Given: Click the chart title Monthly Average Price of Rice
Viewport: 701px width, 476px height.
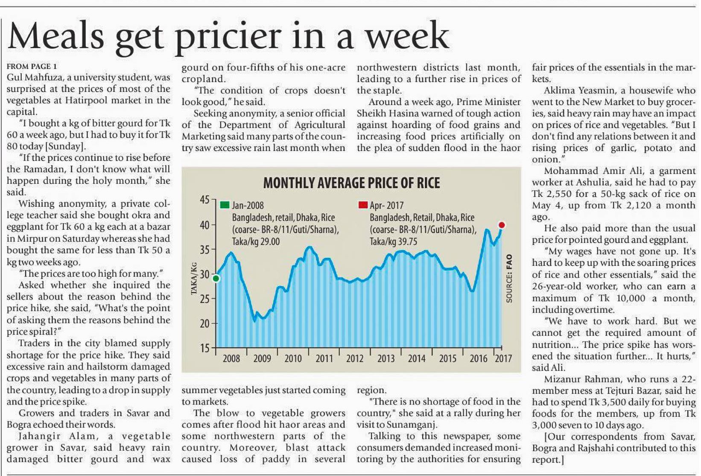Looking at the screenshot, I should point(351,183).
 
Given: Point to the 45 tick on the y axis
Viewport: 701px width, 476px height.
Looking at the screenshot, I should point(204,200).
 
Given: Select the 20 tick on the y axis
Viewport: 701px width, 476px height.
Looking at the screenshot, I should point(204,323).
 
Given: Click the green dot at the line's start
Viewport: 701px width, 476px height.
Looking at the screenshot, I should point(216,279).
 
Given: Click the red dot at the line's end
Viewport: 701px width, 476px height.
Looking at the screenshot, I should point(502,225).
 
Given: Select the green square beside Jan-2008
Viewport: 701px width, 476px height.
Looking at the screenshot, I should point(225,205).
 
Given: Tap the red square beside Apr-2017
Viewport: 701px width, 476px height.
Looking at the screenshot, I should point(363,205).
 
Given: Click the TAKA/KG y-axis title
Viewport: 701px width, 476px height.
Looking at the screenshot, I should point(194,278).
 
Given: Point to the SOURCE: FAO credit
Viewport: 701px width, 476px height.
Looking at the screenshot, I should point(509,279).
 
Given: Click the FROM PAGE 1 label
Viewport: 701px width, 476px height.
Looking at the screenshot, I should point(32,67).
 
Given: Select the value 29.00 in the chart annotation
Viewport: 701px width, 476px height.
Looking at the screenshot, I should point(269,242).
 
